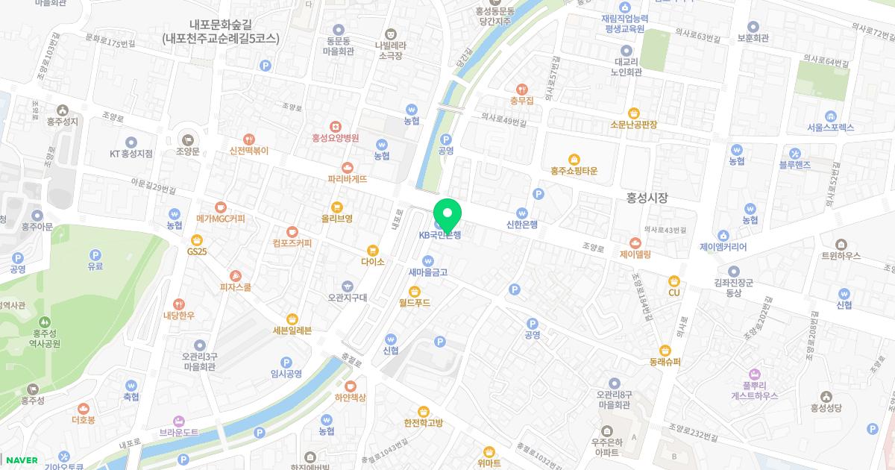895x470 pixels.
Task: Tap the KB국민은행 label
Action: tap(440, 235)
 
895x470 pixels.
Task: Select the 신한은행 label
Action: tap(522, 223)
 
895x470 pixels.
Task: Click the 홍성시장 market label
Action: tap(647, 198)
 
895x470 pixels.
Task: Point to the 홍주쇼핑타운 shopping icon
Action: tap(574, 159)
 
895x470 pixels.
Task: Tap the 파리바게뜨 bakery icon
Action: tap(347, 167)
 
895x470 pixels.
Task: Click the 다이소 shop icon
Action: tap(372, 250)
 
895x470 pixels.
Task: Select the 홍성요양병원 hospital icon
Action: tap(336, 126)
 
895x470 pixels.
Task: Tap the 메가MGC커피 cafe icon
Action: tap(220, 207)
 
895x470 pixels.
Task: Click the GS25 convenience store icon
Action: tap(197, 239)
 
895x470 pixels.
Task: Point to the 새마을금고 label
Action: tap(428, 272)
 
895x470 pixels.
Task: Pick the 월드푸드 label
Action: tap(415, 303)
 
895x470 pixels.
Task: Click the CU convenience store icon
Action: tap(674, 281)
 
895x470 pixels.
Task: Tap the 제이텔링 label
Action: tap(635, 254)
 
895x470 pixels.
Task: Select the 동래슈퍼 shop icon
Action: tap(665, 350)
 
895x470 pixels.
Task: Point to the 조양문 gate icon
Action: tap(187, 139)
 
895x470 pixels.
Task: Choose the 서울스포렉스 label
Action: tap(830, 128)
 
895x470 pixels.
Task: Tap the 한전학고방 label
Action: tap(423, 423)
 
